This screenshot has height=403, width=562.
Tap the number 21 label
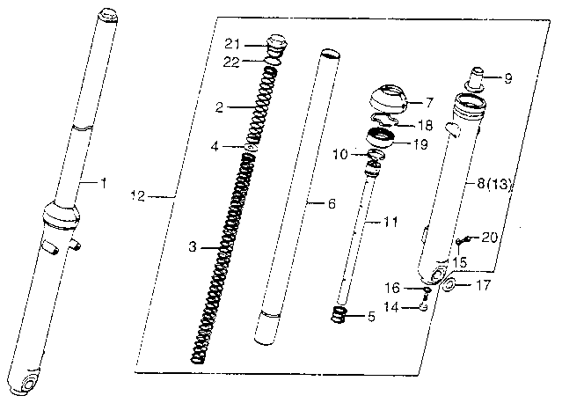231,45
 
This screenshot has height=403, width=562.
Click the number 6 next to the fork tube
332,204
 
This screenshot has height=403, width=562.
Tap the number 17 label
484,285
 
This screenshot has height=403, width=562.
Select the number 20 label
491,237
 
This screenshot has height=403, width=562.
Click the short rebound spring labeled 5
340,314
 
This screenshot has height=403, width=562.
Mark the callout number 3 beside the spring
193,248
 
